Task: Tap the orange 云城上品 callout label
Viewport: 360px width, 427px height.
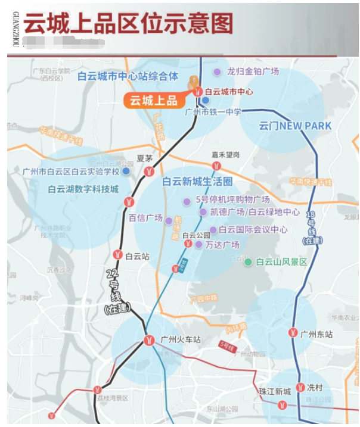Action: [154, 101]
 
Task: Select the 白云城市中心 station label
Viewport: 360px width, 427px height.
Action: [228, 92]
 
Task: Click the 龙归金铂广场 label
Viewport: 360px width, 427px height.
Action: [253, 71]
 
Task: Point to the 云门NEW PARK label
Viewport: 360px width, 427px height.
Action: [295, 126]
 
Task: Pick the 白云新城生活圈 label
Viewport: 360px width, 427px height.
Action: [197, 182]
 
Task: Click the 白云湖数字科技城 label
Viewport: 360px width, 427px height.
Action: [83, 189]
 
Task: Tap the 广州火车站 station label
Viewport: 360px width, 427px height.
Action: [181, 339]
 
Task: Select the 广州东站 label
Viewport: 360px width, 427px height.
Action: [316, 334]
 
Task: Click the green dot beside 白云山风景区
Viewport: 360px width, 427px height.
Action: [248, 262]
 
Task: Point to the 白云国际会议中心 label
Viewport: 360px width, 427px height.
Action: [253, 229]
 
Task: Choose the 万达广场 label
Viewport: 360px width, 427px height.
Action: [222, 245]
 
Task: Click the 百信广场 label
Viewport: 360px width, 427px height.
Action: [145, 218]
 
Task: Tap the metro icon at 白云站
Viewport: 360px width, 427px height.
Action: [117, 255]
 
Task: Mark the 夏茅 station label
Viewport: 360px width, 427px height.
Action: [145, 158]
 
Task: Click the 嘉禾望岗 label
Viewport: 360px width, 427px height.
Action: [225, 154]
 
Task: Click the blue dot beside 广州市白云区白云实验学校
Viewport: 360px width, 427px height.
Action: [126, 172]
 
